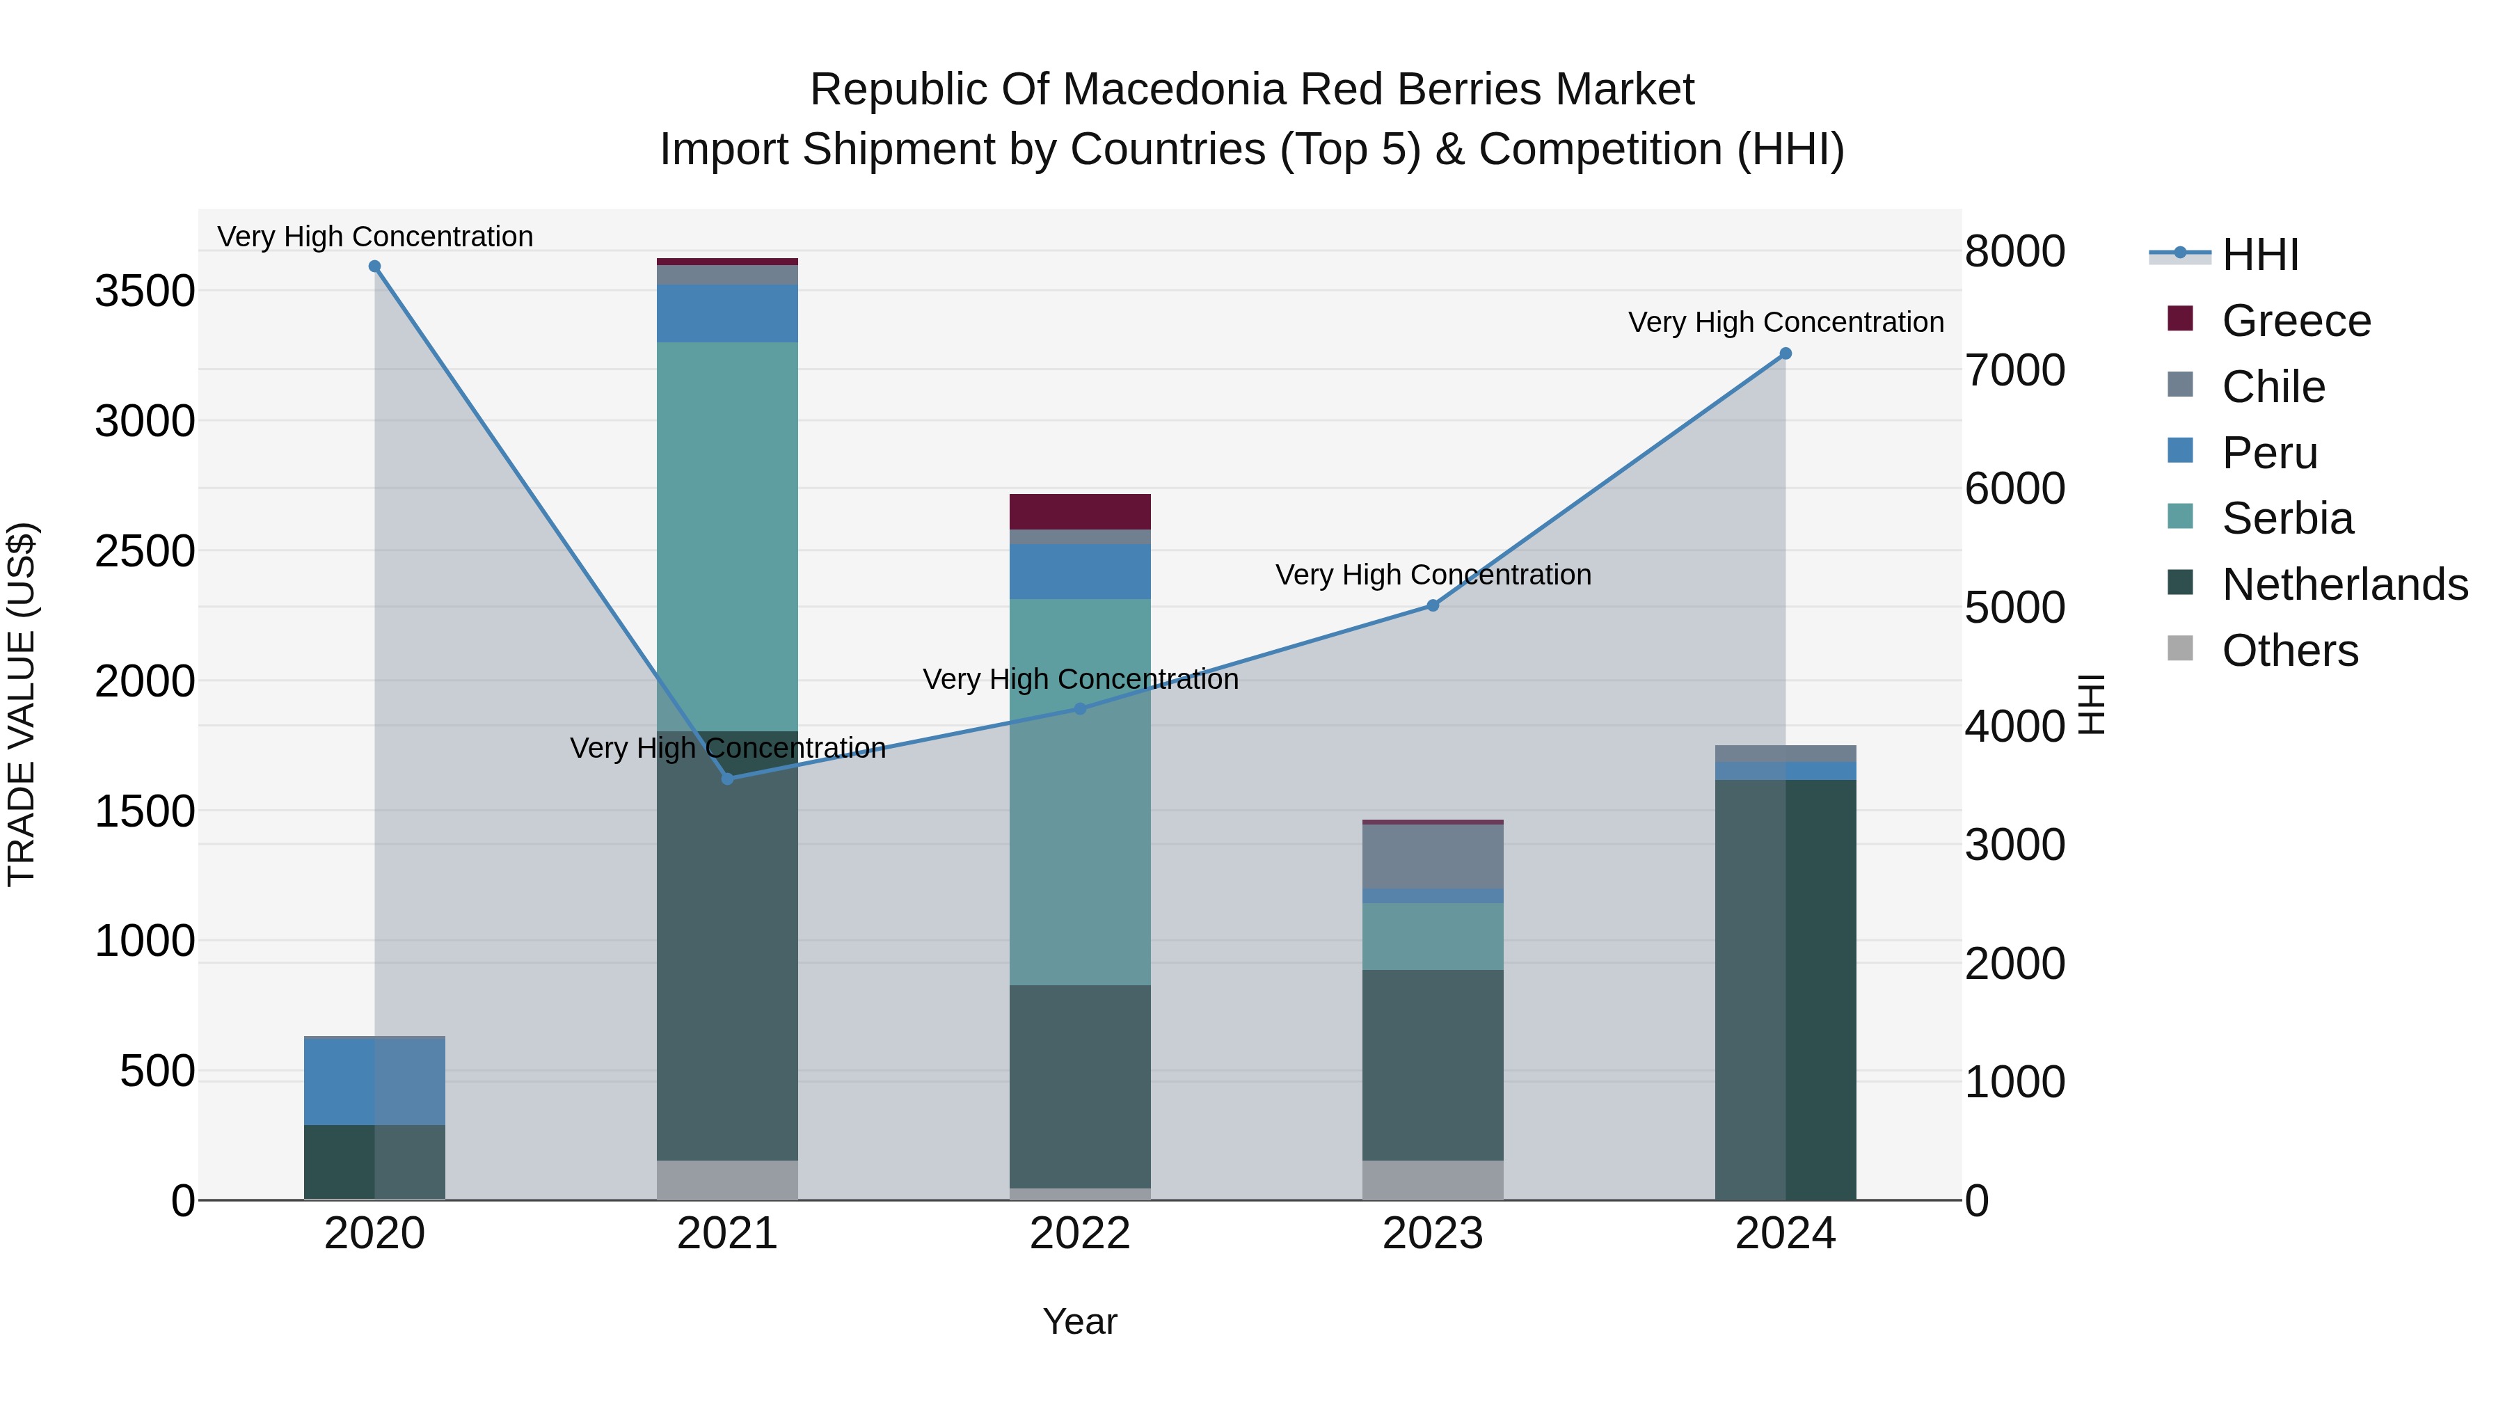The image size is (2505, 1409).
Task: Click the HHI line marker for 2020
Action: click(x=374, y=266)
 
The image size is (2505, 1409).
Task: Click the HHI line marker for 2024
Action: click(x=1786, y=354)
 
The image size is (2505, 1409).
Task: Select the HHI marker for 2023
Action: click(x=1433, y=606)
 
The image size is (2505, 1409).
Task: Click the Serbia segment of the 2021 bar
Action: click(x=727, y=535)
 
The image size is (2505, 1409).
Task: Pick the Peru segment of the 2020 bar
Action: click(x=374, y=1081)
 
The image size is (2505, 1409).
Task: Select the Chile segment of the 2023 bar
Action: click(x=1433, y=856)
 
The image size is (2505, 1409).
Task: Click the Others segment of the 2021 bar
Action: click(x=727, y=1179)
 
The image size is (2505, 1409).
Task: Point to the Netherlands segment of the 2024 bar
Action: click(x=1786, y=990)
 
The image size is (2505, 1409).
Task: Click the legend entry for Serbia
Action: click(x=2287, y=518)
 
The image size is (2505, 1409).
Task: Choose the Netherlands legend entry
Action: click(x=2344, y=584)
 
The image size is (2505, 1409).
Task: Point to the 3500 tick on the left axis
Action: click(x=144, y=291)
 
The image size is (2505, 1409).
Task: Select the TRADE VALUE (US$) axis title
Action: click(x=22, y=704)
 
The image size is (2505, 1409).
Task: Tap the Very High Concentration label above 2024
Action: click(x=1786, y=322)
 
